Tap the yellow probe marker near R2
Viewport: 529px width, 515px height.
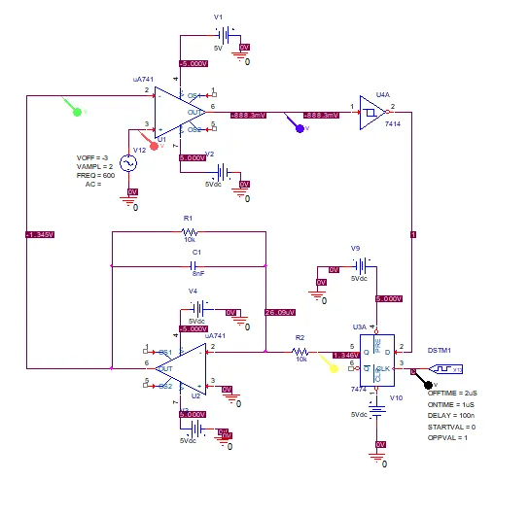[x=335, y=366]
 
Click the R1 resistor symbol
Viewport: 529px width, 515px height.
[x=190, y=232]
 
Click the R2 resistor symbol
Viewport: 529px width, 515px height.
[x=300, y=351]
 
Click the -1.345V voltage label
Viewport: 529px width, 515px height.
[x=41, y=234]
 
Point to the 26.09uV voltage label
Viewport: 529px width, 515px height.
[x=280, y=312]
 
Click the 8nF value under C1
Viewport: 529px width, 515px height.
[x=197, y=275]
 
